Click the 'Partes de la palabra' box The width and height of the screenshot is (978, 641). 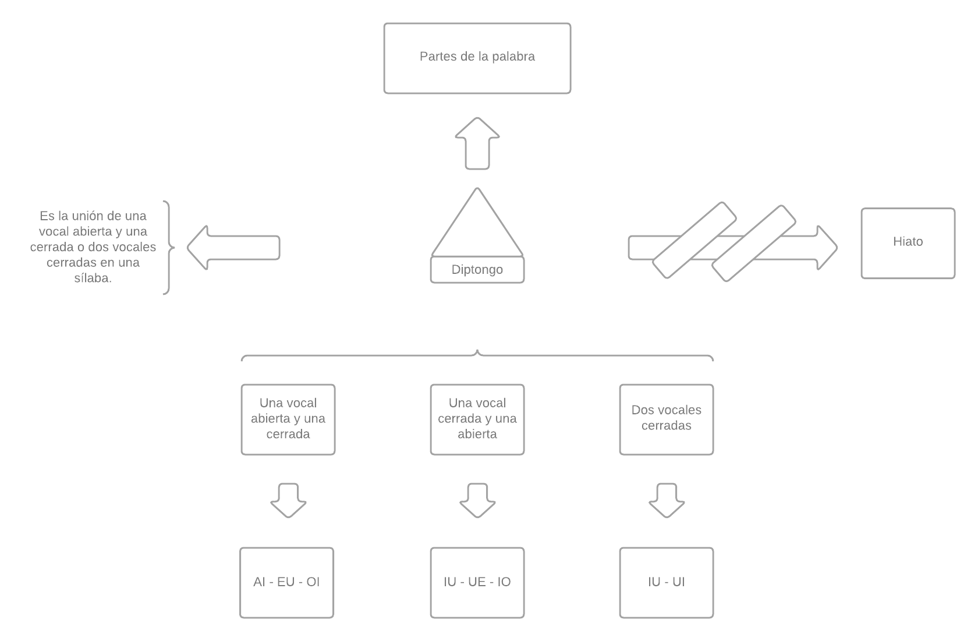477,58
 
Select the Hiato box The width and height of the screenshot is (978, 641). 908,243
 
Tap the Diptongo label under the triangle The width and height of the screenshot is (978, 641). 477,270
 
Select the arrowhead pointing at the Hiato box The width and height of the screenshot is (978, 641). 825,248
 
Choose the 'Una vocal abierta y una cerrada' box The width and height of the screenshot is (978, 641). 288,419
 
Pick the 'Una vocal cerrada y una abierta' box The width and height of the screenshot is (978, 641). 477,419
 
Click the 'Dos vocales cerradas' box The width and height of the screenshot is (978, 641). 666,419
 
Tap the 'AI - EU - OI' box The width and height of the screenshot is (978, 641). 286,582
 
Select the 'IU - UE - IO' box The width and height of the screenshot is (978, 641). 477,582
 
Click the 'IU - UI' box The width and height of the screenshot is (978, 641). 666,582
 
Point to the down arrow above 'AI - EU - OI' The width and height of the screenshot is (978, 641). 288,501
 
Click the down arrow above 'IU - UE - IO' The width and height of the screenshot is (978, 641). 477,501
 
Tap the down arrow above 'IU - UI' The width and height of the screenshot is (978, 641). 666,501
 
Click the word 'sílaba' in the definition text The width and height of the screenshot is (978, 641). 93,279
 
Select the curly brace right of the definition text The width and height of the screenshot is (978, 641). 168,248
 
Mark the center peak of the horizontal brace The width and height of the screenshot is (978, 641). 477,352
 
